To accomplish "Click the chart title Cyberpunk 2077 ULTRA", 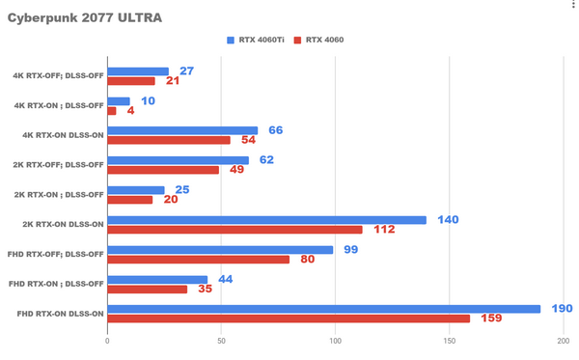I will [x=85, y=18].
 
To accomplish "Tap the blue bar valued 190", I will [x=323, y=309].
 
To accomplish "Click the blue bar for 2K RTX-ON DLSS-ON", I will [x=266, y=220].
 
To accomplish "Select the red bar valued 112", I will [x=234, y=230].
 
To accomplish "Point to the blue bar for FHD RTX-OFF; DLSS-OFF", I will [x=220, y=250].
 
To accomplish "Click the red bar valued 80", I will [x=198, y=260].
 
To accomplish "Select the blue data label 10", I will [x=145, y=100].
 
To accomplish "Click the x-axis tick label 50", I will [x=221, y=340].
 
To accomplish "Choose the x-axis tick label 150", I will [x=449, y=340].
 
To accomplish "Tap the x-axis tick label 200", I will [x=563, y=340].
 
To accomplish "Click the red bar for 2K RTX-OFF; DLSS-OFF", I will [x=163, y=170].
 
